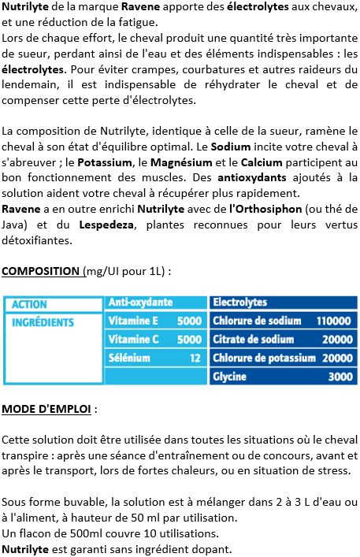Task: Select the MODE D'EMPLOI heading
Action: [47, 409]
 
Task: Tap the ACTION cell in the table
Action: [29, 304]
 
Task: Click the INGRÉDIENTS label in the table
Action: [43, 322]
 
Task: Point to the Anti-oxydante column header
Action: [140, 303]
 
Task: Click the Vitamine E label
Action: [133, 321]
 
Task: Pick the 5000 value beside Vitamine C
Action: [189, 340]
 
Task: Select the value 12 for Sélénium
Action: [195, 358]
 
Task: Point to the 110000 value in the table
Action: [333, 321]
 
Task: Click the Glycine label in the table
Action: [229, 377]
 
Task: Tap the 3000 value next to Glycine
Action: [340, 377]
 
